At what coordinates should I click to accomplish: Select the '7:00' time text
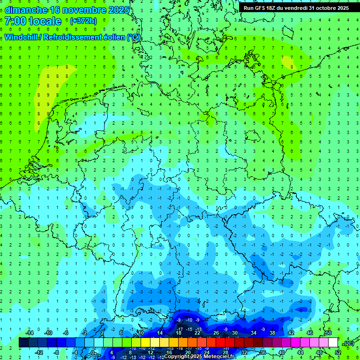coord(15,21)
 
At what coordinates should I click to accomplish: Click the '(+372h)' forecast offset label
coord(83,21)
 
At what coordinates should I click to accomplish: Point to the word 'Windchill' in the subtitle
coord(21,37)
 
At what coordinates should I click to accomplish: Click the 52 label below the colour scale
coord(338,352)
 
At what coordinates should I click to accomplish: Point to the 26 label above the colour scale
coord(216,333)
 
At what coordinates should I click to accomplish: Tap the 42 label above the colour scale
coord(291,333)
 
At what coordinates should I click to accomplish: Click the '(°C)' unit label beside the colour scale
coord(348,343)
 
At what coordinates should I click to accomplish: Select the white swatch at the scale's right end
coord(333,343)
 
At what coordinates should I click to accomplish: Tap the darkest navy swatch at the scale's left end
coord(24,343)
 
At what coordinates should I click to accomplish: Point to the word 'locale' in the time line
coord(45,21)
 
